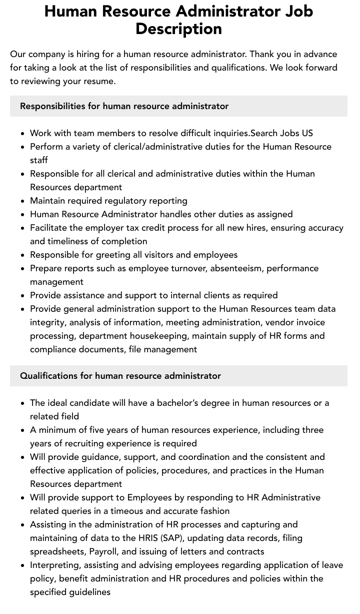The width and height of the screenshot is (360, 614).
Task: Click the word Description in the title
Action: [x=178, y=29]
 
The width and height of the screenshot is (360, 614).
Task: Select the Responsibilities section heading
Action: [x=124, y=106]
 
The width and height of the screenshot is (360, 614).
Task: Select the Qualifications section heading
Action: [x=120, y=376]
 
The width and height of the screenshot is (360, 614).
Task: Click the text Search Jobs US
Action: [x=281, y=133]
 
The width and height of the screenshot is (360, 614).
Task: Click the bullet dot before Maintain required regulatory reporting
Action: [x=23, y=201]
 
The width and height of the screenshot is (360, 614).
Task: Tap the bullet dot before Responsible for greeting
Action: [x=23, y=255]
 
